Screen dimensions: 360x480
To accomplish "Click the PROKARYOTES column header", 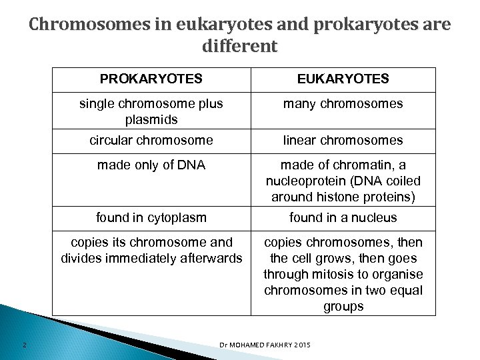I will coord(151,79).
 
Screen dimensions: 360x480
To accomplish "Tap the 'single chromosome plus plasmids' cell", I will coord(151,110).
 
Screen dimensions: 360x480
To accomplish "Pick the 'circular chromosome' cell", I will coord(151,140).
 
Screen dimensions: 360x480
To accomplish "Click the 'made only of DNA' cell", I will coord(151,165).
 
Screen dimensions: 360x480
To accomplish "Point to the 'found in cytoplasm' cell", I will coord(151,217).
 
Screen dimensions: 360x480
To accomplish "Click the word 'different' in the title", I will coord(238,47).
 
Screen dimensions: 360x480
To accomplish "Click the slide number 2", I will coord(23,344).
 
